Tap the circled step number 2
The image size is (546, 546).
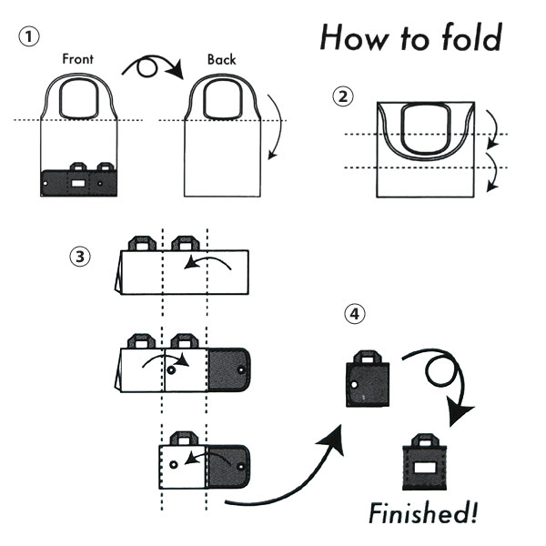tap(343, 96)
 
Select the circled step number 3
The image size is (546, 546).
tap(81, 257)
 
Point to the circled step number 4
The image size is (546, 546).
tap(356, 316)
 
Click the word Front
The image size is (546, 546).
tap(78, 59)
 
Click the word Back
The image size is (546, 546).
tap(221, 59)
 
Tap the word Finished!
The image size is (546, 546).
tap(423, 513)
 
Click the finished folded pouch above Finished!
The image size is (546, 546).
tap(426, 467)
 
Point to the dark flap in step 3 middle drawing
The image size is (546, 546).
tap(230, 369)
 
